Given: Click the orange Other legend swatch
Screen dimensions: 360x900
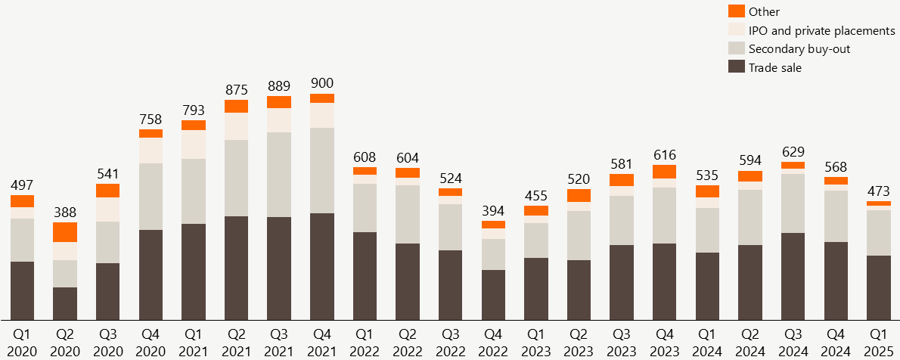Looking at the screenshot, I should tap(737, 11).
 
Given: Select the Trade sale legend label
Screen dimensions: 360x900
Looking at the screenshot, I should tap(774, 68).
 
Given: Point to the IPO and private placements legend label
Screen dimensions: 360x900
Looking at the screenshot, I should tap(821, 30).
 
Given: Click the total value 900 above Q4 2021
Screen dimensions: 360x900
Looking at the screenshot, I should tap(322, 83).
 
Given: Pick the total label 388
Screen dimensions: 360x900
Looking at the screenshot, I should tap(65, 213).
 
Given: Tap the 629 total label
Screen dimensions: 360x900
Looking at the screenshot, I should tap(793, 151).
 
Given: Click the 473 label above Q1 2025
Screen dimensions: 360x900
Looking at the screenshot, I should tap(879, 191).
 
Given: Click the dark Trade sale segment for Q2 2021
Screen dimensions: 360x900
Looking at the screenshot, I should tap(236, 268).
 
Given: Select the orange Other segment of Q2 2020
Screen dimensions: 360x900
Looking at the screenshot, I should tap(65, 232).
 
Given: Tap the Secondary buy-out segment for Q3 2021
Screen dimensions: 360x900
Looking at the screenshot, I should tap(279, 175).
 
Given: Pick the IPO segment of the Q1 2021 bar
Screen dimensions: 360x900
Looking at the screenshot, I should tap(194, 144).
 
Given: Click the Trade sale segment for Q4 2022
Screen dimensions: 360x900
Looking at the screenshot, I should tap(493, 294).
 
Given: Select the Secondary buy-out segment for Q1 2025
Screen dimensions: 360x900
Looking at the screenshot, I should tap(879, 233).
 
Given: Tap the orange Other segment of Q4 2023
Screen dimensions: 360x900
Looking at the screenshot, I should tap(665, 172).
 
